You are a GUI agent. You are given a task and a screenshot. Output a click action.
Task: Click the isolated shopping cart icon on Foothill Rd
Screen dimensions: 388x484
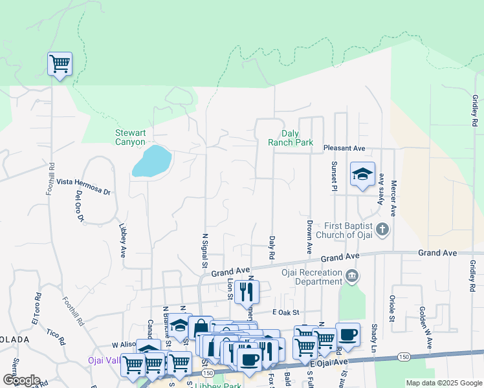pos(60,64)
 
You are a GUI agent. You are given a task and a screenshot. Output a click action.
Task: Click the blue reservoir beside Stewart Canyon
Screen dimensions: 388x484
pos(152,161)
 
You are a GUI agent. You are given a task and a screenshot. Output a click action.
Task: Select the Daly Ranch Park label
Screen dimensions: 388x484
pos(291,137)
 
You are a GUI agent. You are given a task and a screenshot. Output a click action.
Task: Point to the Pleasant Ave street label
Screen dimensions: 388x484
pos(344,149)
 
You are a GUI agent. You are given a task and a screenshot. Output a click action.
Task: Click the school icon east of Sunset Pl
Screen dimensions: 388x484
pos(362,174)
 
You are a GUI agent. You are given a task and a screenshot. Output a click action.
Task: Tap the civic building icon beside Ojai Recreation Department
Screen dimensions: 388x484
pos(351,276)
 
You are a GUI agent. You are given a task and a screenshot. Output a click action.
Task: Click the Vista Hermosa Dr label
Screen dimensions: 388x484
pos(83,183)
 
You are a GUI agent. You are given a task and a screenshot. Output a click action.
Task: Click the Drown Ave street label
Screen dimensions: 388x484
pos(310,237)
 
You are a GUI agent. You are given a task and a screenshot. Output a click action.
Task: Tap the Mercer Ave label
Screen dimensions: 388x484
pos(392,199)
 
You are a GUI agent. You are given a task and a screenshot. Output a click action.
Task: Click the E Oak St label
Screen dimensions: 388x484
pos(287,312)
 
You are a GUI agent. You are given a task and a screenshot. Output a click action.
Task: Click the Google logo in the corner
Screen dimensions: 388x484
pos(21,380)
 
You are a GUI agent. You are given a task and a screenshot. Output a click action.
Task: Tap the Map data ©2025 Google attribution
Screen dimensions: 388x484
pos(443,383)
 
